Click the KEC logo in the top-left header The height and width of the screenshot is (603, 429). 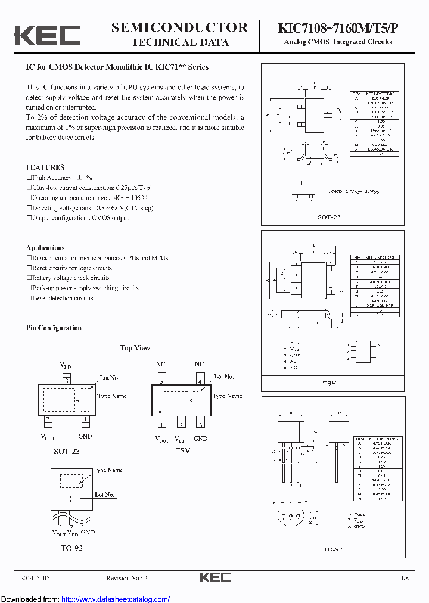(47, 35)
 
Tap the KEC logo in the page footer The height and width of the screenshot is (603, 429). (214, 577)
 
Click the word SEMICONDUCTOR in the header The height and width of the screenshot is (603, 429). (179, 27)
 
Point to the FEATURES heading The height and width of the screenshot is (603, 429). (45, 167)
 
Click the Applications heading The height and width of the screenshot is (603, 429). (45, 248)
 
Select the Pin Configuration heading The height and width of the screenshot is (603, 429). (54, 328)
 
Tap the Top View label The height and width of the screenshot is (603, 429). (135, 348)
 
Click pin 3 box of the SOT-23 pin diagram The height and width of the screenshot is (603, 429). (67, 380)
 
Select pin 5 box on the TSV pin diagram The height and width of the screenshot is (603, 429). (161, 381)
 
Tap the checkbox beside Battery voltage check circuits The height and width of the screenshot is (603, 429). (29, 278)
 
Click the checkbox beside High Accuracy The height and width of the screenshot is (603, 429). (29, 178)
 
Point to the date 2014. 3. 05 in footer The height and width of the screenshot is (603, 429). (36, 578)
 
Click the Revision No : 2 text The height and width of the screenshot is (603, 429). (126, 578)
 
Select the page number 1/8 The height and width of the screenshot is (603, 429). (405, 578)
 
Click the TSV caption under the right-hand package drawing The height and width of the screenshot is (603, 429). (329, 384)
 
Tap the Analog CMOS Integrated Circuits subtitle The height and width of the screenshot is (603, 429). (338, 42)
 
